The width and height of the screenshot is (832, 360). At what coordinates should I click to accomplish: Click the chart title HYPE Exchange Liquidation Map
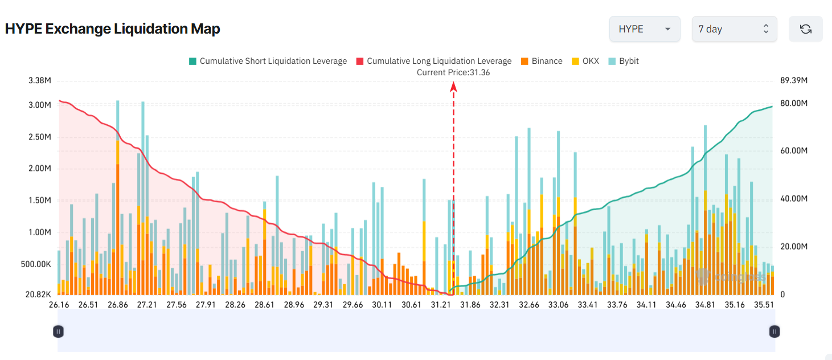(113, 29)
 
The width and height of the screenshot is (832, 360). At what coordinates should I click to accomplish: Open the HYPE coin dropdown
(645, 29)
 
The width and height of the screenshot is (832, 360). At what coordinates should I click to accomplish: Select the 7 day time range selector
(734, 29)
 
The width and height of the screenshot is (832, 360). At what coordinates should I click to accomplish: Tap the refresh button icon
(805, 29)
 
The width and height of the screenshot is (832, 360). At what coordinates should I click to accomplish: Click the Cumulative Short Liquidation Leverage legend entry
(268, 61)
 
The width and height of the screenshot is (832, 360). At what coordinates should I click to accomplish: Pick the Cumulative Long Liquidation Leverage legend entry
(433, 61)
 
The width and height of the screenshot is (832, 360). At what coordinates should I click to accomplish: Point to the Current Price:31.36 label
(453, 72)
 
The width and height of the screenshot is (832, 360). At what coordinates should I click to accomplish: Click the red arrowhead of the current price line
(454, 86)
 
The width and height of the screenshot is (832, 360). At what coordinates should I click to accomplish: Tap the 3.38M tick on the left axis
(39, 80)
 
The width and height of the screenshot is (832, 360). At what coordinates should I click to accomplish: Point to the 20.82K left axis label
(38, 294)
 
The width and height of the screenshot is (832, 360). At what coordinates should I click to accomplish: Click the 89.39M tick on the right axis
(794, 80)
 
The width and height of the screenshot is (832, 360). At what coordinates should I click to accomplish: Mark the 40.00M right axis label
(794, 199)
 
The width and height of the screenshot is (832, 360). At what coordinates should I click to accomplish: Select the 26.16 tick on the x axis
(59, 305)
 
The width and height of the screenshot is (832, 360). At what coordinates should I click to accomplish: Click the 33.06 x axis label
(559, 305)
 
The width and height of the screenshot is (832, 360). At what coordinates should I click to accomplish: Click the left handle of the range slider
(58, 331)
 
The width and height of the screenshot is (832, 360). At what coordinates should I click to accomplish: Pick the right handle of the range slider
(774, 331)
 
